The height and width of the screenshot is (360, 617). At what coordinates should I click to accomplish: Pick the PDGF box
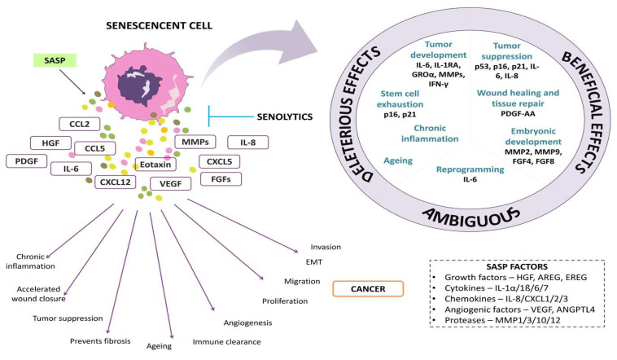(28, 161)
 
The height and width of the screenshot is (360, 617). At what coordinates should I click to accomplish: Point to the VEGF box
(170, 183)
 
